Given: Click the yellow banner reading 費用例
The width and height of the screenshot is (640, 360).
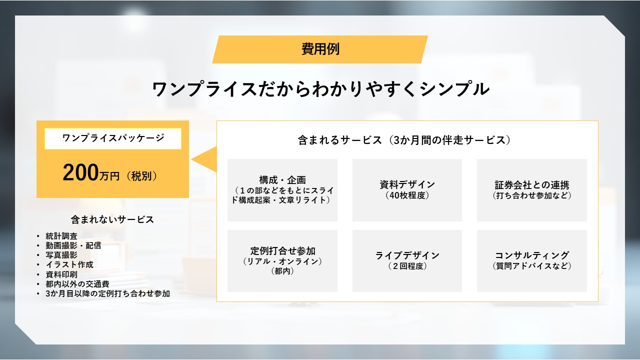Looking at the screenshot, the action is click(320, 49).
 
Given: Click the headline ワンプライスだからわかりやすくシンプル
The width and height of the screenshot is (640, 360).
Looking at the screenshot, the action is click(320, 89).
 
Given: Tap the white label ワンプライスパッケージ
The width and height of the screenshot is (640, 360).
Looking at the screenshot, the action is click(113, 138).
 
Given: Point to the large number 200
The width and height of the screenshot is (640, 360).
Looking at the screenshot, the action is click(80, 172).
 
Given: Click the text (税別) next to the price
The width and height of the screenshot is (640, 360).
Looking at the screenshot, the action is click(141, 176).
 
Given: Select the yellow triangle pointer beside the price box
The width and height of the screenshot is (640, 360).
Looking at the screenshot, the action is click(204, 159).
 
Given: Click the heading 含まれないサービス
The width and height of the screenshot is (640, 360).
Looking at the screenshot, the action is click(112, 219).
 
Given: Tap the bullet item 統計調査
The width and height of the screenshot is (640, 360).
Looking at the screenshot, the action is click(61, 236).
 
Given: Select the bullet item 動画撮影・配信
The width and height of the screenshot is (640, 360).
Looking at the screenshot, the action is click(73, 245).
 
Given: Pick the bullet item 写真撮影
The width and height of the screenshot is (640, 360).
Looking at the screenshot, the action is click(61, 255).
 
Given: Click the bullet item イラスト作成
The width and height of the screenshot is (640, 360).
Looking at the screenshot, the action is click(69, 264).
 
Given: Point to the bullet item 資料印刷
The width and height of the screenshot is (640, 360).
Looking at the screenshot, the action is click(61, 274).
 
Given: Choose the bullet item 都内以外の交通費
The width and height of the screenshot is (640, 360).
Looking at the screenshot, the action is click(77, 283).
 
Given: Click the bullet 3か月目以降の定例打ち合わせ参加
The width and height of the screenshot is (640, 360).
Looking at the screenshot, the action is click(107, 293).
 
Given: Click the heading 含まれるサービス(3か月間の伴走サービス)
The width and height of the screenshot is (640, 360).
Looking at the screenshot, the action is click(404, 140).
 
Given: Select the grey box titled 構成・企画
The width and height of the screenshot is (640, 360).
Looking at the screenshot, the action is click(282, 190).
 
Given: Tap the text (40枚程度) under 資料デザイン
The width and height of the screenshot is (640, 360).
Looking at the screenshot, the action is click(407, 195).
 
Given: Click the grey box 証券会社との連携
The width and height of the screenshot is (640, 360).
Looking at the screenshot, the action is click(531, 190).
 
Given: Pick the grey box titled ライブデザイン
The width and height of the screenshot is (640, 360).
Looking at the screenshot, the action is click(407, 261).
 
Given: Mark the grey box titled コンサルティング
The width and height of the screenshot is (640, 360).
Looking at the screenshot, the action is click(531, 261).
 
